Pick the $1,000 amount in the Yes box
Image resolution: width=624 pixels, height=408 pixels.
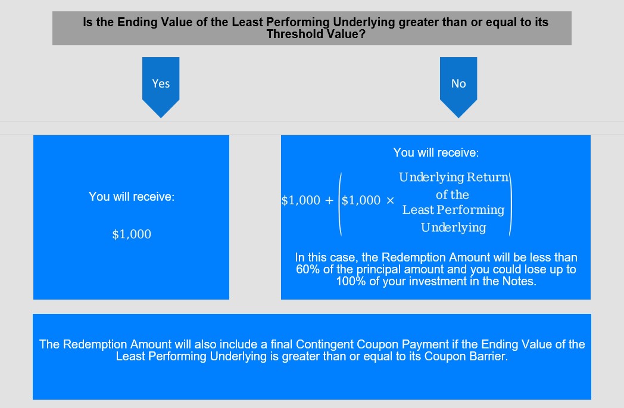pyautogui.click(x=132, y=234)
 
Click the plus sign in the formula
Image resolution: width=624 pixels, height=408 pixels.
pyautogui.click(x=329, y=200)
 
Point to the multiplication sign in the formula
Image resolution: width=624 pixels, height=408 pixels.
pyautogui.click(x=390, y=200)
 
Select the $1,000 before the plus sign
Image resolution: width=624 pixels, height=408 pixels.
pyautogui.click(x=301, y=200)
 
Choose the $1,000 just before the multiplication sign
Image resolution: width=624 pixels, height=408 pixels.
pyautogui.click(x=361, y=200)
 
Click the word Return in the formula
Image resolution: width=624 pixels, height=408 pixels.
pyautogui.click(x=488, y=177)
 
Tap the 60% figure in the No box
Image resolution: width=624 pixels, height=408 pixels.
pyautogui.click(x=308, y=269)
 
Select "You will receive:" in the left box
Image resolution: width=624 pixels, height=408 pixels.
pyautogui.click(x=132, y=197)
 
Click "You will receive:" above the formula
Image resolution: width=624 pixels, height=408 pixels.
pyautogui.click(x=436, y=152)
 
